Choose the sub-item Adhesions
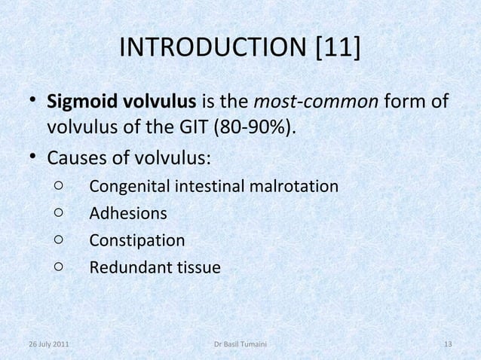(x=128, y=213)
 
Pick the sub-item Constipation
(x=136, y=241)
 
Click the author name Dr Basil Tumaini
(x=240, y=345)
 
